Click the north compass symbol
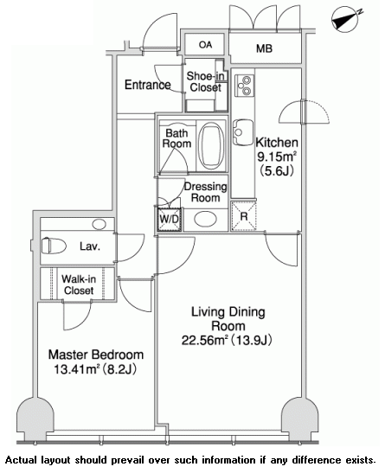345,19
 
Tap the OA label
205,45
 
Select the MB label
265,48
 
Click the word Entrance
148,85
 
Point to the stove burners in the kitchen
244,86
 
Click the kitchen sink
243,132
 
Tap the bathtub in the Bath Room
211,146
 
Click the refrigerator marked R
243,216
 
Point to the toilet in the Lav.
54,246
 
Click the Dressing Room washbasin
205,219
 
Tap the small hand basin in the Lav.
99,224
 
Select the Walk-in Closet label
79,284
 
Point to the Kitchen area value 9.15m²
277,157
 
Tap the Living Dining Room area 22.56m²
204,341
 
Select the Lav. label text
90,246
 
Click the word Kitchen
277,143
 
